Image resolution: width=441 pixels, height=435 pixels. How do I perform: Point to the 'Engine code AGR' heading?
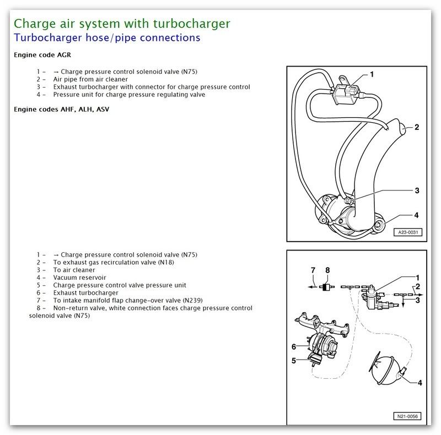coord(42,55)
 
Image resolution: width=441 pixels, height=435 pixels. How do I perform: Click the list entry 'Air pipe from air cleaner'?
coord(90,79)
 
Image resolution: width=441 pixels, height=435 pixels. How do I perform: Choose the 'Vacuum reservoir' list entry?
coord(79,278)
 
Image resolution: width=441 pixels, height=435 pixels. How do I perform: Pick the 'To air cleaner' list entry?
coord(74,270)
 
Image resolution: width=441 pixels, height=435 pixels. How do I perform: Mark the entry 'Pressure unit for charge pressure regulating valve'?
coord(129,94)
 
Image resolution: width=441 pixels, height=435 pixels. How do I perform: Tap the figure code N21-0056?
coord(406,416)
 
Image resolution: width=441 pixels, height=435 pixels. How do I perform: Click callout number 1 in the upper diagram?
coord(372,74)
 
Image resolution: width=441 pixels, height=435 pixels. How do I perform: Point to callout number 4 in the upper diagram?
coord(417,215)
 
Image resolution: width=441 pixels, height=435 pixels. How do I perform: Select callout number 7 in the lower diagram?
coord(313,270)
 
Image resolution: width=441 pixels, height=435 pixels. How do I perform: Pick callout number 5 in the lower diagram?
coord(294,361)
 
